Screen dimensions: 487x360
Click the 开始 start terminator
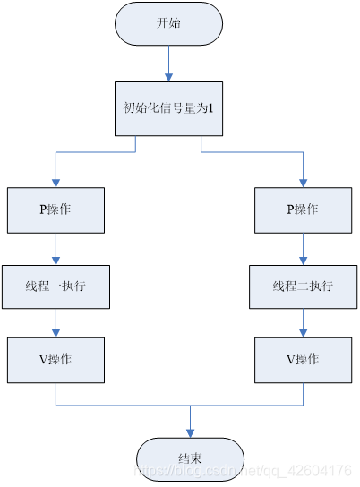[168, 23]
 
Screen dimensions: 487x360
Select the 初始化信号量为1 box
[168, 108]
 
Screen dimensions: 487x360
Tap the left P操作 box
[56, 209]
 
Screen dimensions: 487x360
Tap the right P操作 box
[303, 209]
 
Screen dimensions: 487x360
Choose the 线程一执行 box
[56, 287]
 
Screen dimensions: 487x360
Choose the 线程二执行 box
[303, 287]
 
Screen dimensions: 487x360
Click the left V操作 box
[56, 359]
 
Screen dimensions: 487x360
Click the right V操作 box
[303, 359]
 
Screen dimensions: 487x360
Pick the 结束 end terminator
[190, 458]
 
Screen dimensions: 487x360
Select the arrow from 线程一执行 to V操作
[56, 323]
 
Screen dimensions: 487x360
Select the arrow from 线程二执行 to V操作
[303, 323]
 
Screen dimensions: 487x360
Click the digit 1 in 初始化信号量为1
[211, 108]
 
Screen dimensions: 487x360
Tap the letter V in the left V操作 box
[40, 359]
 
